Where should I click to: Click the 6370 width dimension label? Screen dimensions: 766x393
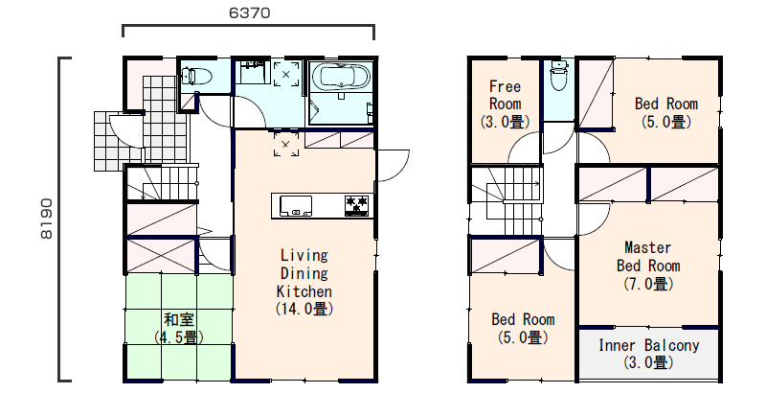pyautogui.click(x=249, y=12)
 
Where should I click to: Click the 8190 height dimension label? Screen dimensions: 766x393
pyautogui.click(x=46, y=219)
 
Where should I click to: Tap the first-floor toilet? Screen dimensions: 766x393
pyautogui.click(x=196, y=77)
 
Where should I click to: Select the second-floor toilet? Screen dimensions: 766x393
pyautogui.click(x=559, y=76)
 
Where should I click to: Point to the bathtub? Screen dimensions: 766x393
pyautogui.click(x=341, y=77)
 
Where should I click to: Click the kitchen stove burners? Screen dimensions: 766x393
pyautogui.click(x=356, y=205)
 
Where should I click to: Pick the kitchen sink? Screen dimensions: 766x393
pyautogui.click(x=296, y=205)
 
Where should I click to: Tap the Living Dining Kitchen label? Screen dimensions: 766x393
pyautogui.click(x=304, y=273)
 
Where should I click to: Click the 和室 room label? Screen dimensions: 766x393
pyautogui.click(x=179, y=320)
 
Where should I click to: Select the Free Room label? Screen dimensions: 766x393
pyautogui.click(x=506, y=95)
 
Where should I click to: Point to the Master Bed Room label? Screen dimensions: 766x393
pyautogui.click(x=648, y=257)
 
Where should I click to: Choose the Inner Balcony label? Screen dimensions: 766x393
pyautogui.click(x=649, y=346)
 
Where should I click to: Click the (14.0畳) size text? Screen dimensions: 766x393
pyautogui.click(x=304, y=309)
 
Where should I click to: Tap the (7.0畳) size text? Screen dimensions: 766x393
pyautogui.click(x=648, y=284)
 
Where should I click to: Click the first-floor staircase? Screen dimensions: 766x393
pyautogui.click(x=162, y=183)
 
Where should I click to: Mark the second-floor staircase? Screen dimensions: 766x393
pyautogui.click(x=507, y=200)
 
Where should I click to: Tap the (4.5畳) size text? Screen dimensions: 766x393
pyautogui.click(x=179, y=337)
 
